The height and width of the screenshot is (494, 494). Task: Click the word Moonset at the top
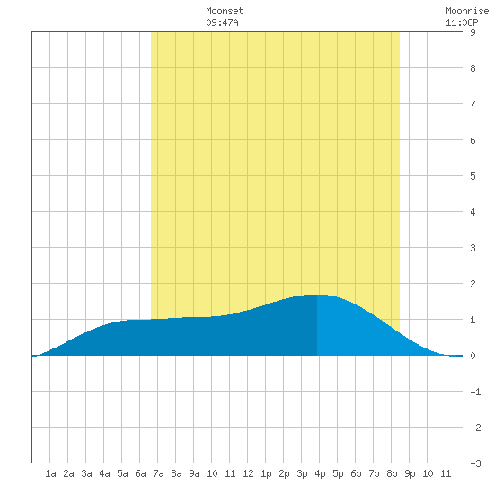click(x=225, y=11)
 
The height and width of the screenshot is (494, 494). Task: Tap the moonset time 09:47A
click(x=222, y=22)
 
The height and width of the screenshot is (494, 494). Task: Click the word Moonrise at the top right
click(x=467, y=11)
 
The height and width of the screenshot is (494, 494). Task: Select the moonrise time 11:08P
click(x=462, y=22)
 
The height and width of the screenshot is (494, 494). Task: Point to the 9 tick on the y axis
click(x=472, y=32)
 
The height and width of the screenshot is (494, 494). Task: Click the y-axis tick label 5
click(x=472, y=176)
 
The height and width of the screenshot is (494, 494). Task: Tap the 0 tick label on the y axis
click(x=472, y=356)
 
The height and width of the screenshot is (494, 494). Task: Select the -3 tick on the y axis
click(x=475, y=463)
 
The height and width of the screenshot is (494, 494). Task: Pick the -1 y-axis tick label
click(x=475, y=392)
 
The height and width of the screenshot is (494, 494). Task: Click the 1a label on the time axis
click(x=50, y=473)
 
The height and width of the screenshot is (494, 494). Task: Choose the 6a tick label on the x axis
click(x=140, y=473)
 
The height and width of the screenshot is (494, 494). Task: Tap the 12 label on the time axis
click(x=248, y=473)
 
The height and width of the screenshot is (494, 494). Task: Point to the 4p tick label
click(x=320, y=473)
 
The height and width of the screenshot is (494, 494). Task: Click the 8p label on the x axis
click(x=392, y=473)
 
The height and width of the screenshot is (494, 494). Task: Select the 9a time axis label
click(x=194, y=473)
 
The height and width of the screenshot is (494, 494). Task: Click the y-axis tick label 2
click(x=472, y=284)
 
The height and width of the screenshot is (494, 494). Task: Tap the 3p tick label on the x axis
click(x=302, y=473)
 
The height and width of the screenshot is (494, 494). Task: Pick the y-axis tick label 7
click(x=472, y=104)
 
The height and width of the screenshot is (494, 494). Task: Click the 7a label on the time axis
click(x=158, y=473)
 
